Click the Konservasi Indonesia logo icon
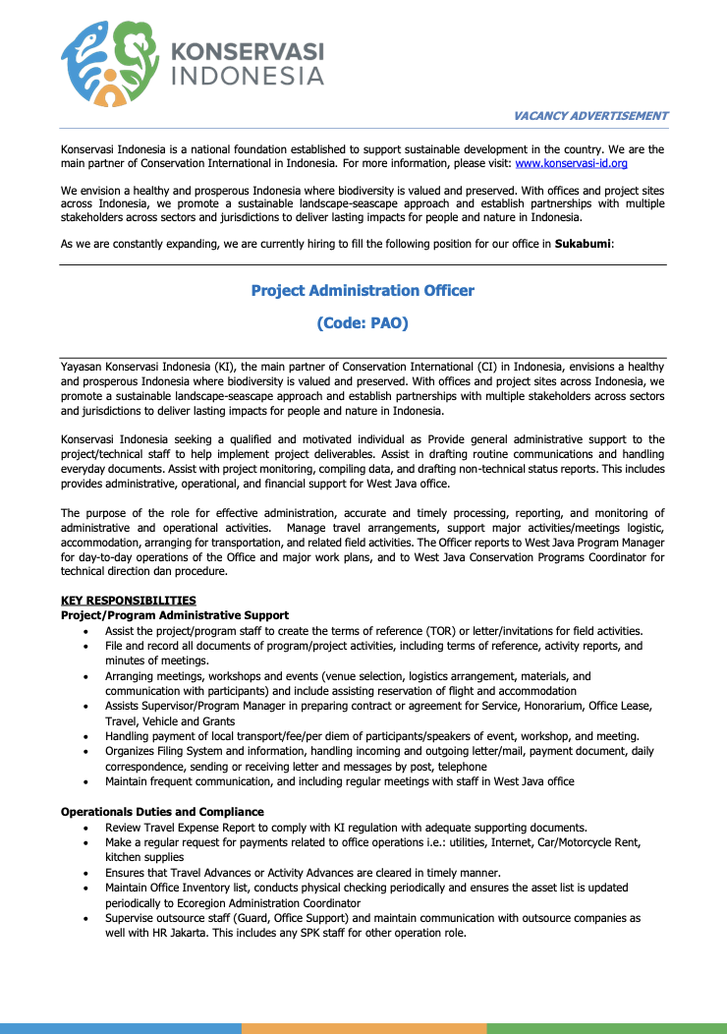point(109,64)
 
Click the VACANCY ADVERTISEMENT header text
point(590,116)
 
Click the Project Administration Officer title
point(363,291)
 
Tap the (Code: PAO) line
point(363,322)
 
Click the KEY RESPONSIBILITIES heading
point(128,601)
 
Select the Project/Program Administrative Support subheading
point(175,615)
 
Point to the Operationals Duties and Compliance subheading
point(162,812)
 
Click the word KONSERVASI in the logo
point(248,52)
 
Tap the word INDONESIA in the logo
point(248,76)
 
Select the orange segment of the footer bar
point(363,1028)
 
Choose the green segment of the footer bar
point(606,1028)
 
